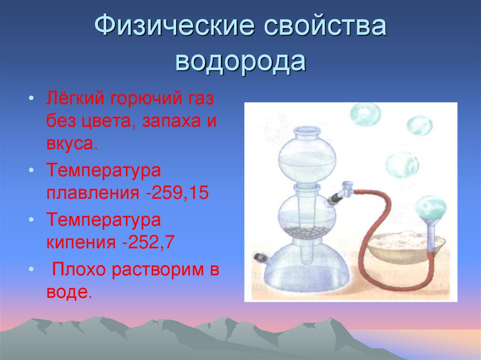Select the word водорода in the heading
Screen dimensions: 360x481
240,62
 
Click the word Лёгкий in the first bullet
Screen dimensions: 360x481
76,100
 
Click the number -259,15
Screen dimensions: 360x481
177,193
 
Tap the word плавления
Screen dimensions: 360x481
92,193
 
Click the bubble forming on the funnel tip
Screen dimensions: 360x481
431,207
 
